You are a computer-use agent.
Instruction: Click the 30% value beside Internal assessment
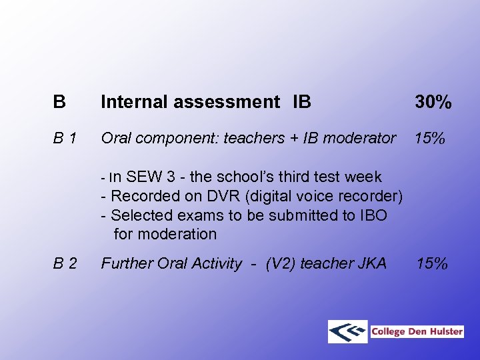(x=433, y=102)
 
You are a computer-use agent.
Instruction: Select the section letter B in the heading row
(x=59, y=102)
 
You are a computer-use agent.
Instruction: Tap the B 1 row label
(x=65, y=139)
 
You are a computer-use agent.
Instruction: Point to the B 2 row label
(x=65, y=264)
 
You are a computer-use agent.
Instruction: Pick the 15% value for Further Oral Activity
(x=432, y=264)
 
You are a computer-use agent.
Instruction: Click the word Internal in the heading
(x=135, y=102)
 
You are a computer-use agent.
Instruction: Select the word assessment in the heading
(x=227, y=102)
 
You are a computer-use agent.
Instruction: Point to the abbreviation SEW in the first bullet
(x=143, y=177)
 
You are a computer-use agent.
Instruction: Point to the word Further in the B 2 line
(x=127, y=264)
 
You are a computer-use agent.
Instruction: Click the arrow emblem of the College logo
(x=348, y=331)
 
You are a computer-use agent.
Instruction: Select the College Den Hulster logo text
(x=417, y=331)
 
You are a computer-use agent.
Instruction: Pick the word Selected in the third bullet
(x=141, y=215)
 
